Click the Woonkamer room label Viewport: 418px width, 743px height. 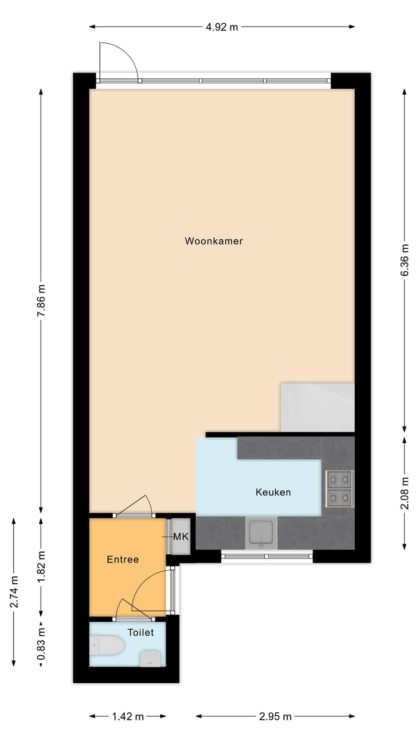[x=214, y=241]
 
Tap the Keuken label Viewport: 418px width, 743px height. [x=273, y=492]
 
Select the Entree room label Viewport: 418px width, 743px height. [x=122, y=560]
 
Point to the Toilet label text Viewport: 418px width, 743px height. [x=140, y=632]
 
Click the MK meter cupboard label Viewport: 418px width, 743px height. [x=181, y=536]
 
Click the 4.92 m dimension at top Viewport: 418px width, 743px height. [x=222, y=27]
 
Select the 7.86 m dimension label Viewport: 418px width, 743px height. [x=41, y=300]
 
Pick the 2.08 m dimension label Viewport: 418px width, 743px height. [x=405, y=492]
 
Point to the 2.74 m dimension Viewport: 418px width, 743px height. [x=13, y=591]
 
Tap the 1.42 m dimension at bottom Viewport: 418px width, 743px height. [x=128, y=717]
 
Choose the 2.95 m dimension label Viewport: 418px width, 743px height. [x=275, y=717]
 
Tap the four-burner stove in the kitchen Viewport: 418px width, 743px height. [x=340, y=488]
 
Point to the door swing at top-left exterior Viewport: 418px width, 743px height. [x=118, y=62]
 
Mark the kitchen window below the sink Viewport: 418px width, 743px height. [x=267, y=557]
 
